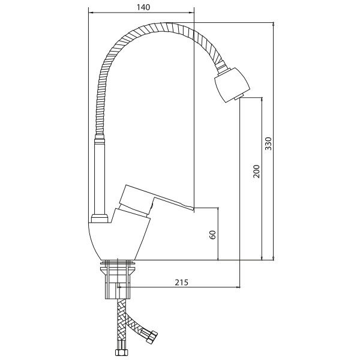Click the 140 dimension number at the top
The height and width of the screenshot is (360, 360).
click(x=143, y=7)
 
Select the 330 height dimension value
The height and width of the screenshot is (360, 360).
click(x=268, y=143)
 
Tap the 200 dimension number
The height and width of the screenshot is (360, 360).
click(x=256, y=171)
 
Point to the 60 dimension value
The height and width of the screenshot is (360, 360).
click(x=213, y=235)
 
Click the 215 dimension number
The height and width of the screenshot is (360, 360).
click(x=181, y=282)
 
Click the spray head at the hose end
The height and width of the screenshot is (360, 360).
click(x=232, y=84)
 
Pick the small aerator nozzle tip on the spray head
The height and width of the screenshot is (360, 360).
click(x=238, y=97)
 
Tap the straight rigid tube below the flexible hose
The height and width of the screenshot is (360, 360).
click(x=100, y=176)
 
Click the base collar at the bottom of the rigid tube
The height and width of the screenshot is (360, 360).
click(x=100, y=218)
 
